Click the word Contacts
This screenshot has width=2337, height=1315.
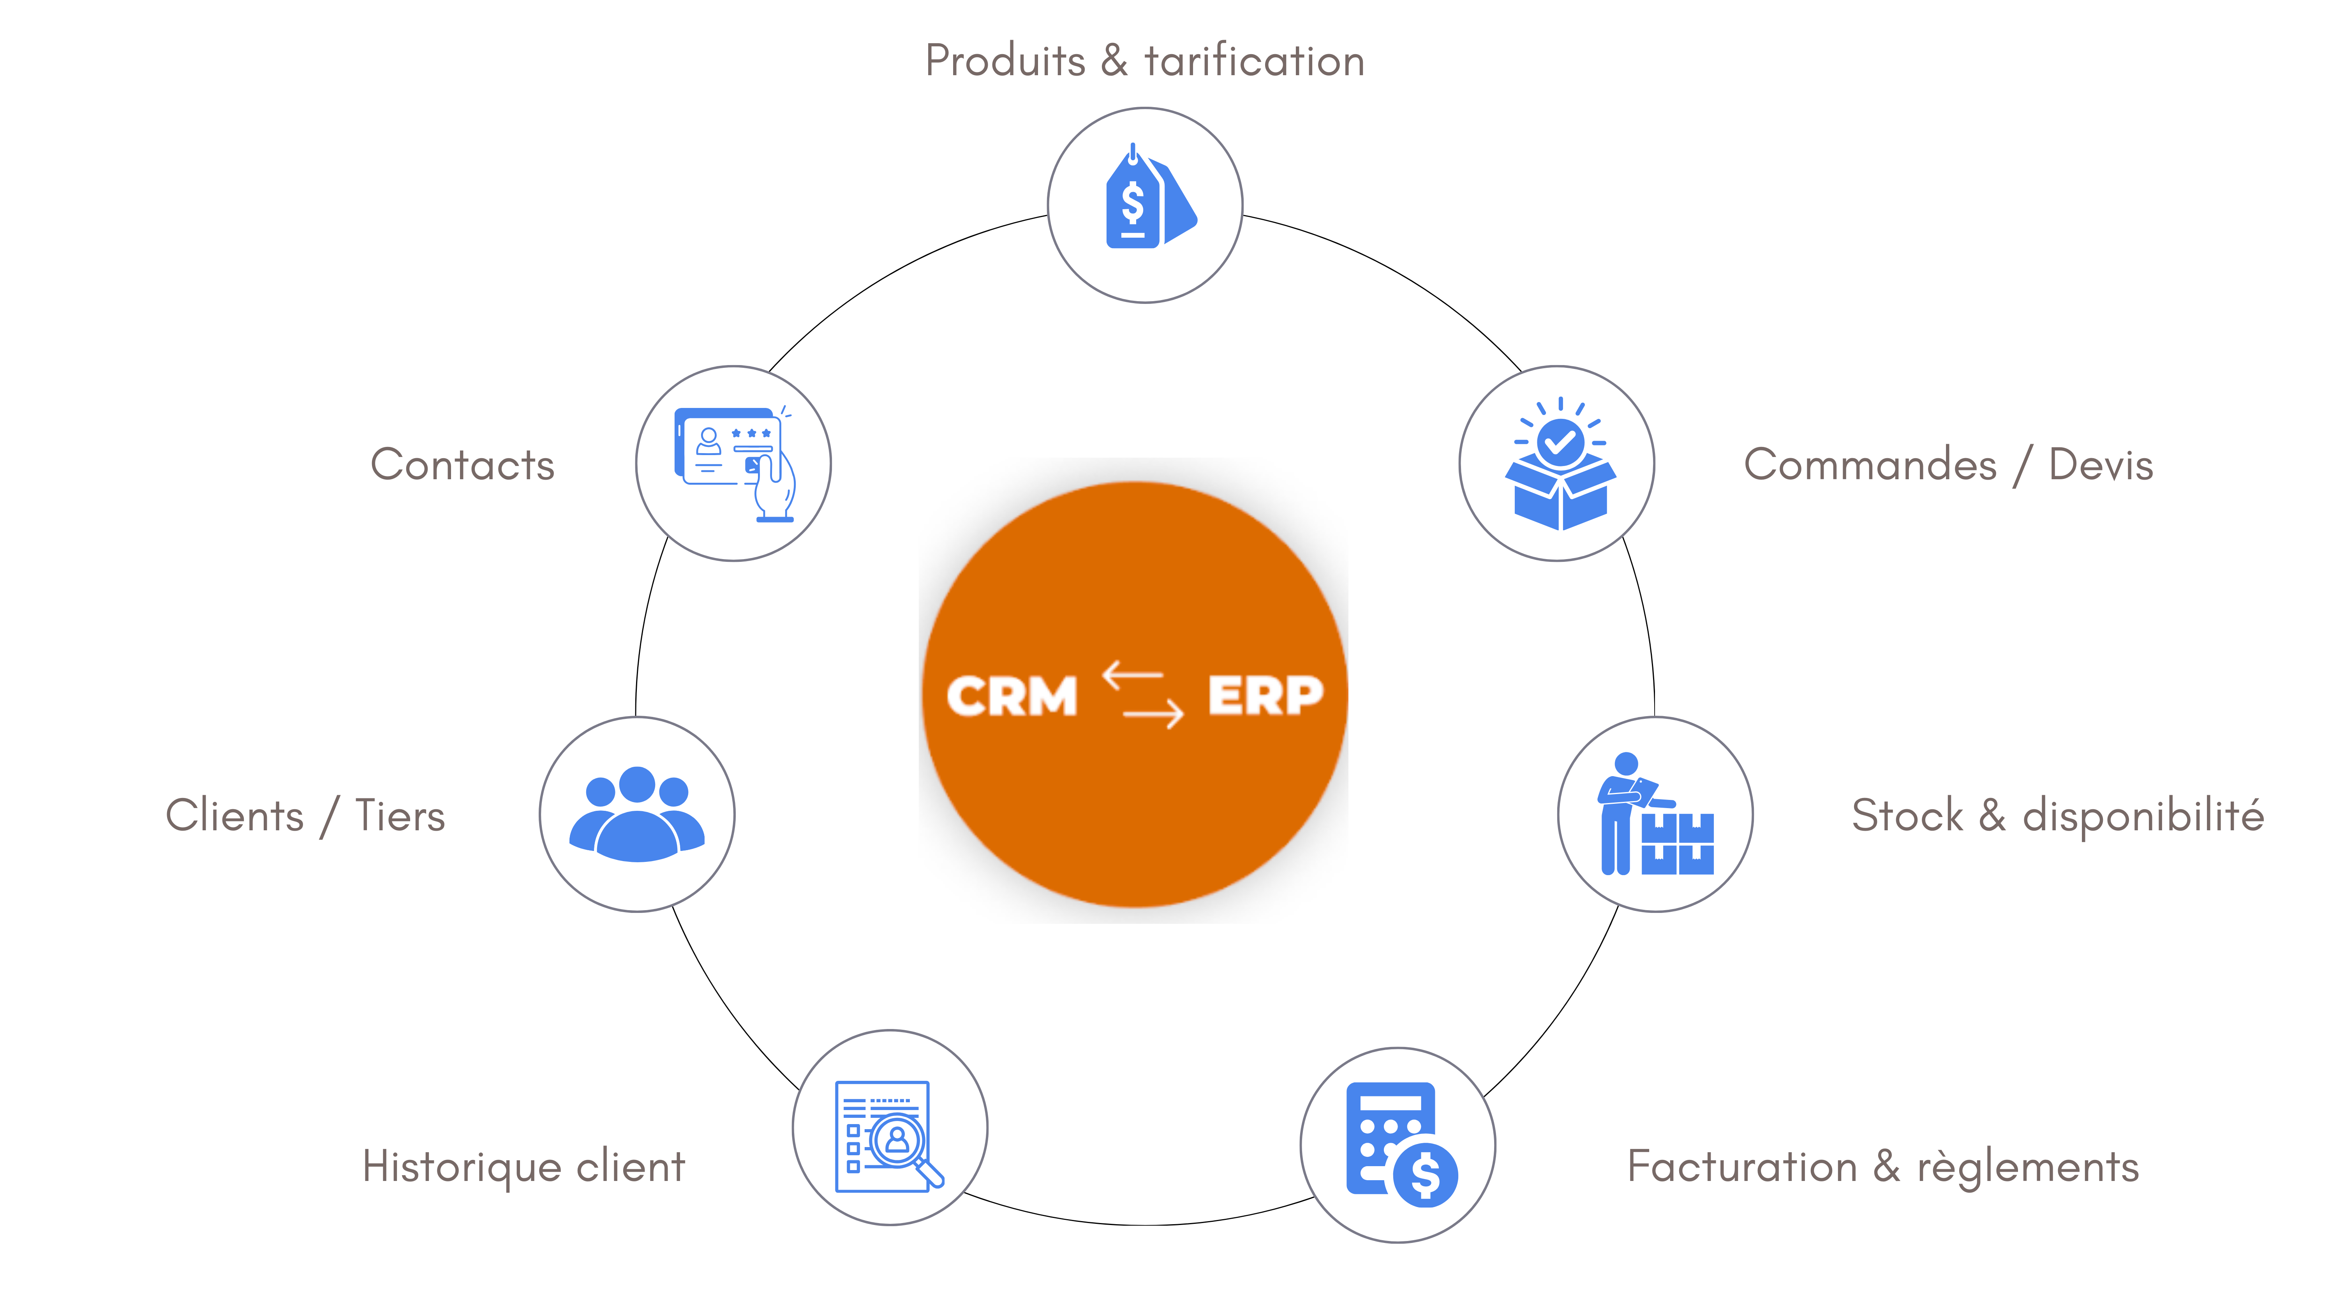coord(463,465)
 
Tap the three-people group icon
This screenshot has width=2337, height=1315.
coord(637,814)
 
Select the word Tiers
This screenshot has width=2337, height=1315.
coord(400,815)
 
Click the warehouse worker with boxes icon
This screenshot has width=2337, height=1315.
coord(1656,814)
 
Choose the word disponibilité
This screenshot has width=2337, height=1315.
coord(2143,815)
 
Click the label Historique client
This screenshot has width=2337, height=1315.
coord(523,1166)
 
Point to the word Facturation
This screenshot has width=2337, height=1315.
coord(1742,1166)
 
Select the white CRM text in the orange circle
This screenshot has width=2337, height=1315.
coord(1012,697)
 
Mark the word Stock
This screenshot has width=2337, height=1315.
coord(1907,815)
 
